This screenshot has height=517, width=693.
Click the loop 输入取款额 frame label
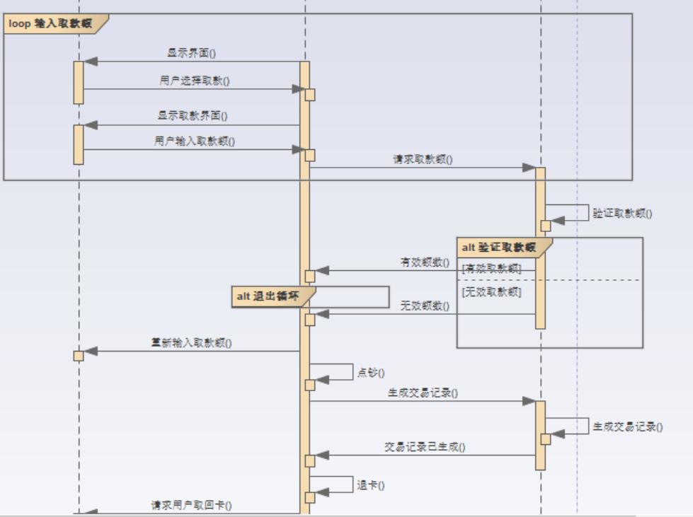click(x=50, y=23)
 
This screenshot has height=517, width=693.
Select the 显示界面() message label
click(x=191, y=52)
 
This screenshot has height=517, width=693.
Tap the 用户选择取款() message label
click(x=195, y=81)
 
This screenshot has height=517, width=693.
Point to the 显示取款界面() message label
click(x=193, y=115)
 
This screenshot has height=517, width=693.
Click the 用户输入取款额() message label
click(x=195, y=141)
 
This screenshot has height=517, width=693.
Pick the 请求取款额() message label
click(x=423, y=159)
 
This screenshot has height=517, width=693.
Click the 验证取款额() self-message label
click(x=622, y=212)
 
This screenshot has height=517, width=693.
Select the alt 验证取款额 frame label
click(x=498, y=248)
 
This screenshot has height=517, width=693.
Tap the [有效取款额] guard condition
click(x=491, y=269)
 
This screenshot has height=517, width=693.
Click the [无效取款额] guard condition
click(x=491, y=291)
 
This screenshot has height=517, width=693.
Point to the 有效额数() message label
click(x=425, y=262)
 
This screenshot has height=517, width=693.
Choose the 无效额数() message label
click(x=425, y=306)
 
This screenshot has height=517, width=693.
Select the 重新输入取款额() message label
click(x=191, y=343)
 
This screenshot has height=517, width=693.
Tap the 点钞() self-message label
click(x=371, y=373)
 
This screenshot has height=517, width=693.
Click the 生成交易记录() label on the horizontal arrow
click(x=423, y=393)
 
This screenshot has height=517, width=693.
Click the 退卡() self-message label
click(x=371, y=485)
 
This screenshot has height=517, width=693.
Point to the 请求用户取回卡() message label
click(x=191, y=505)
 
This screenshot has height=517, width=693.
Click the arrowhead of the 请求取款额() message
click(x=529, y=168)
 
